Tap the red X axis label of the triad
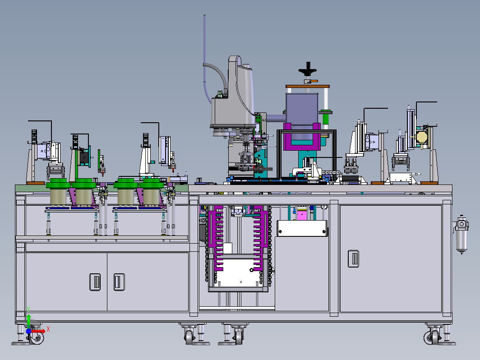[48, 329]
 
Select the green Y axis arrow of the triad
[28, 320]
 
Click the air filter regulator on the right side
[462, 234]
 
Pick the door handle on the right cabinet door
[354, 258]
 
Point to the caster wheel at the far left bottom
[36, 337]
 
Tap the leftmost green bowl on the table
[58, 183]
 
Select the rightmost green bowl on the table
[151, 183]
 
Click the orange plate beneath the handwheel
[307, 86]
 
